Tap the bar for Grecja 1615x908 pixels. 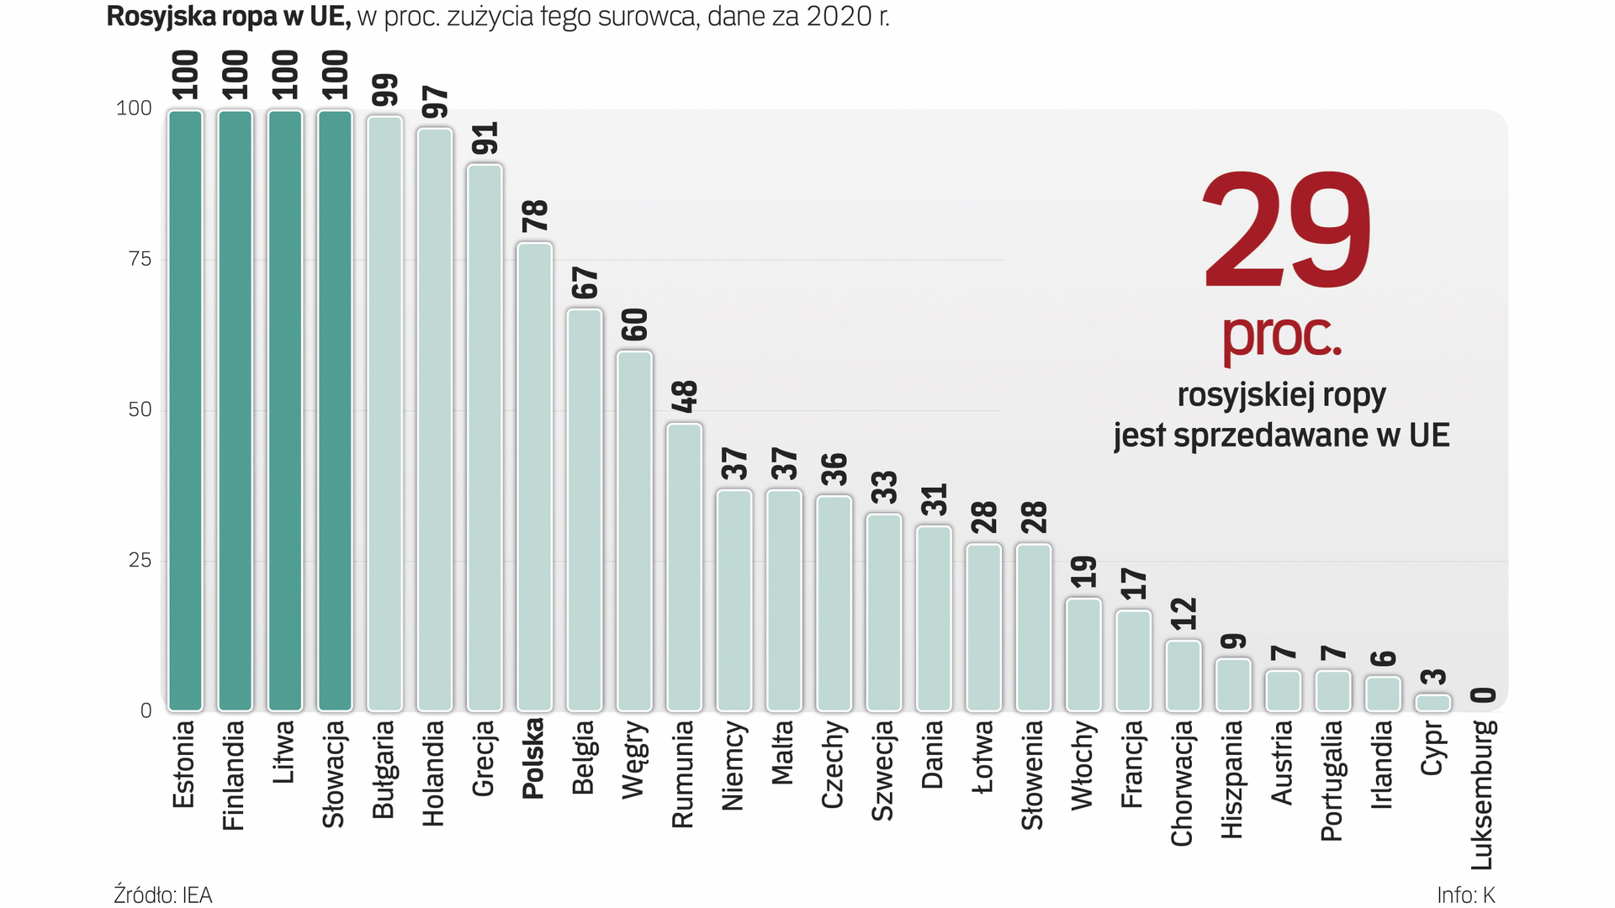coord(484,437)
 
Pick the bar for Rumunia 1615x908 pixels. coord(684,567)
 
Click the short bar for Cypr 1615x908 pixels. coord(1433,703)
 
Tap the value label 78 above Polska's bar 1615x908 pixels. coord(535,216)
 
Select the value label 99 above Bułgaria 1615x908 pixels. coord(385,90)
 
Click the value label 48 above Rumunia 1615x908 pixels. coord(685,396)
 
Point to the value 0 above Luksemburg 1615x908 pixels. coord(1484,694)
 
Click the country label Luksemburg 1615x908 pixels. coord(1482,794)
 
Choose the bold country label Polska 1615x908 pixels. coord(534,758)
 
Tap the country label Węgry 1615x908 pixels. coord(634,759)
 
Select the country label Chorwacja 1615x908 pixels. coord(1183,783)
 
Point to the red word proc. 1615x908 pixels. coord(1281,335)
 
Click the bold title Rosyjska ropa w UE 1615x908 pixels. coord(228,16)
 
